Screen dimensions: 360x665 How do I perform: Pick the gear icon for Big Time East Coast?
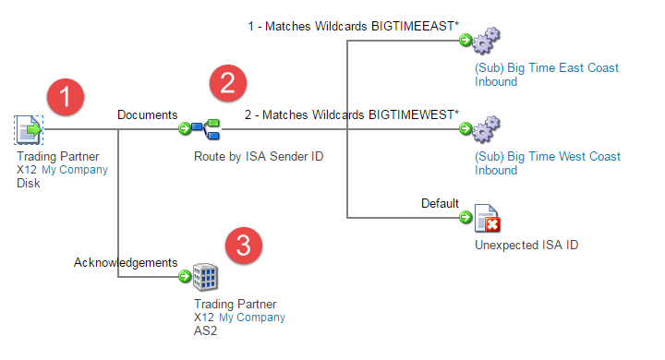(485, 42)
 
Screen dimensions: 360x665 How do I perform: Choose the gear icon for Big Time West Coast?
(485, 129)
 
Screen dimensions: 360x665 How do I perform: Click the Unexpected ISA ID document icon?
(486, 219)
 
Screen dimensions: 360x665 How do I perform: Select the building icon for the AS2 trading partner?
(206, 275)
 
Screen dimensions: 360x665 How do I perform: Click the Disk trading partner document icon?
(29, 129)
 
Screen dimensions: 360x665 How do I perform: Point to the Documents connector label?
(147, 114)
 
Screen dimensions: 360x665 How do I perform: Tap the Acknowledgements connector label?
(125, 263)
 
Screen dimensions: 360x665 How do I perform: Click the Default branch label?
(440, 203)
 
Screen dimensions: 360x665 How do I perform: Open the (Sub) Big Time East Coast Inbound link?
(545, 75)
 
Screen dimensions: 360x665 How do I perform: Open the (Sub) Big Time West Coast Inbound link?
(545, 163)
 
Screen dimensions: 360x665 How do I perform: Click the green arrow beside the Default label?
(465, 218)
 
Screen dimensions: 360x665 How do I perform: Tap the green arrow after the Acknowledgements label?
(185, 276)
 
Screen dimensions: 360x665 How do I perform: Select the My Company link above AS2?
(251, 318)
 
